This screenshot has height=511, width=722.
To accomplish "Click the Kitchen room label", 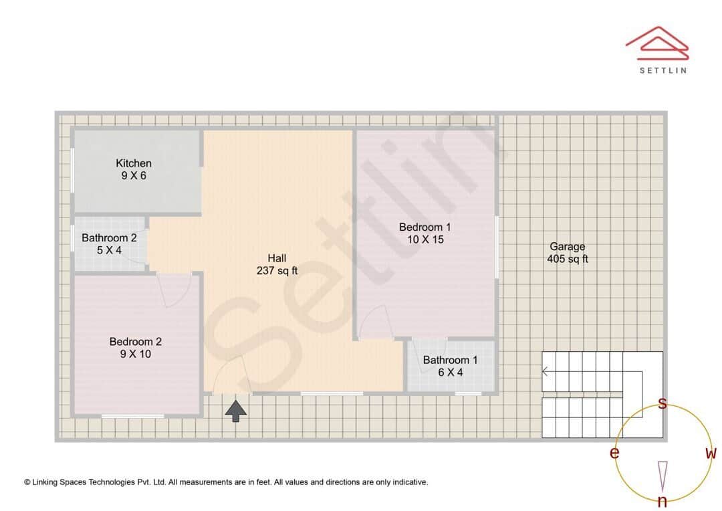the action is pos(134,163).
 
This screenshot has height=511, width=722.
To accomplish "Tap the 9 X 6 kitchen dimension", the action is pos(134,175).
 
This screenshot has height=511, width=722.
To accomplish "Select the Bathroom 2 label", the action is pos(109,237).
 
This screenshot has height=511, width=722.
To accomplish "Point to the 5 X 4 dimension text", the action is pos(109,250).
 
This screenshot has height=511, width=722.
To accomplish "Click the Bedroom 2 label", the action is pos(135,341).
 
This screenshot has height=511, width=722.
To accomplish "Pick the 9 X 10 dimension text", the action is pos(135,354).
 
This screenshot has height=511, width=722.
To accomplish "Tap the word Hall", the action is pos(277,258).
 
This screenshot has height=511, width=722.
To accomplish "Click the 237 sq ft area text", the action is pos(277,270).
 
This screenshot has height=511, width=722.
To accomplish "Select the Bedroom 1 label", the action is pos(425,227).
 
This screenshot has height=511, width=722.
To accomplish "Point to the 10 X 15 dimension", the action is pos(425,239).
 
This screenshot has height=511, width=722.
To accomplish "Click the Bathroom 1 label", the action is pos(451,360).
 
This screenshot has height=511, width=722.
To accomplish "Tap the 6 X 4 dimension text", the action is pos(451,373).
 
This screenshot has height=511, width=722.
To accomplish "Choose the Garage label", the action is pos(568,247).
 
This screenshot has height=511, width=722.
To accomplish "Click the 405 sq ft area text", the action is pos(568,259).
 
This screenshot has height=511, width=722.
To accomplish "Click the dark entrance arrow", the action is pos(236,411).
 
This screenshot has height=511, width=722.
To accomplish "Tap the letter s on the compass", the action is pos(663,403).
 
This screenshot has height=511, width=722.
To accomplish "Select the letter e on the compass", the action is pos(614,453).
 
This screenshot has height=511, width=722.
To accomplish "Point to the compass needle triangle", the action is pos(663,477).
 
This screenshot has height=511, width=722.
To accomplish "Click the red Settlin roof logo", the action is pos(658,43).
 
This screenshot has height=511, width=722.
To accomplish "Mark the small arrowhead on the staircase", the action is pos(546,371).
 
